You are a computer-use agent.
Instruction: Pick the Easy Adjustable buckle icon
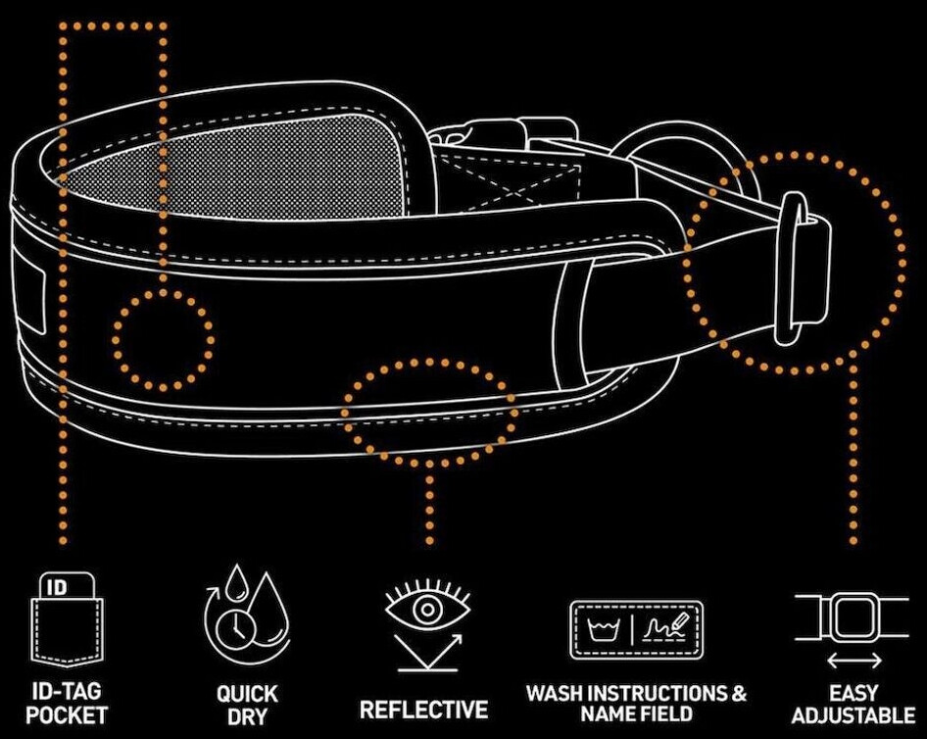point(852,616)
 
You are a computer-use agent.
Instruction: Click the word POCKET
point(67,714)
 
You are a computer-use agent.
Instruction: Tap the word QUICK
point(247,694)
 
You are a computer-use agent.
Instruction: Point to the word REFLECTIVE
point(424,709)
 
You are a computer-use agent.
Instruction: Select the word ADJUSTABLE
point(853,714)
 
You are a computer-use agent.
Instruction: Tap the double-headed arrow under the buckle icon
point(852,661)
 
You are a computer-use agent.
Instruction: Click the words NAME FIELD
point(636,714)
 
